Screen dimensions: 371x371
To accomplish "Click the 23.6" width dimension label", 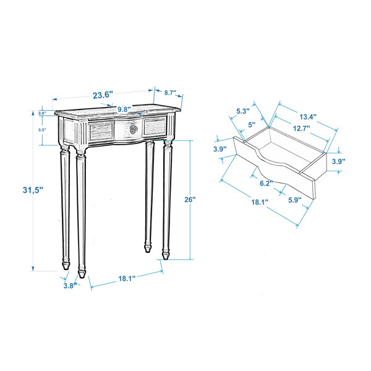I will [102, 95].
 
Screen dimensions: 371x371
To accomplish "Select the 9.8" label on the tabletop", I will [124, 109].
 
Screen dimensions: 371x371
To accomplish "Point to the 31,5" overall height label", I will [15, 191].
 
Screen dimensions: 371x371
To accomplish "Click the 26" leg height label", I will [190, 200].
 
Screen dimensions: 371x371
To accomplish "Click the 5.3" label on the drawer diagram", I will [242, 111].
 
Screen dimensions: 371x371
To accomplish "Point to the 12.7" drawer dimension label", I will [301, 129].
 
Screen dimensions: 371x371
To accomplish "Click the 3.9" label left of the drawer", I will [220, 150].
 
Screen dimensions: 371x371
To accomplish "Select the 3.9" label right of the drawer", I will [338, 161].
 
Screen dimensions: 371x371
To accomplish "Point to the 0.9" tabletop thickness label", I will [43, 114].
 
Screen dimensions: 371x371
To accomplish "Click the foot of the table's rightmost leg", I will [165, 254].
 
